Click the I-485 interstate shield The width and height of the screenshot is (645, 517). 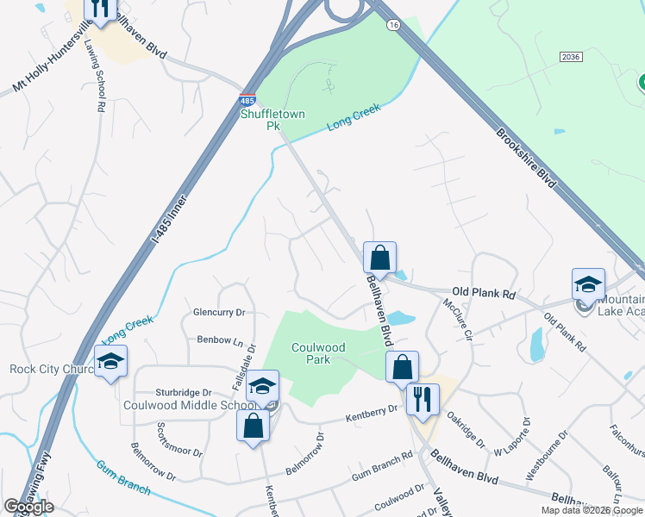pos(247,101)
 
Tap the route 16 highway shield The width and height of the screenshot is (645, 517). pos(394,27)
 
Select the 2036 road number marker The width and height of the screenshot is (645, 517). pos(570,57)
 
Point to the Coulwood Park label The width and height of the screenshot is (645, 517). pos(317,353)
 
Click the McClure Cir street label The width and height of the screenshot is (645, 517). pos(458,318)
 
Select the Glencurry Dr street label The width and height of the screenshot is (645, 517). pos(220,313)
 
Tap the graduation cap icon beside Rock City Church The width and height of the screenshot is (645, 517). pos(111,362)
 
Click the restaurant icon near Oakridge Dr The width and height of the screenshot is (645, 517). pos(423,399)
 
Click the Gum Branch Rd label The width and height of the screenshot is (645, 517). pos(381,469)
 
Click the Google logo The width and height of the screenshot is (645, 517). pos(28,507)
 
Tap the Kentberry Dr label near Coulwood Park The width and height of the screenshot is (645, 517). pos(371,414)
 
